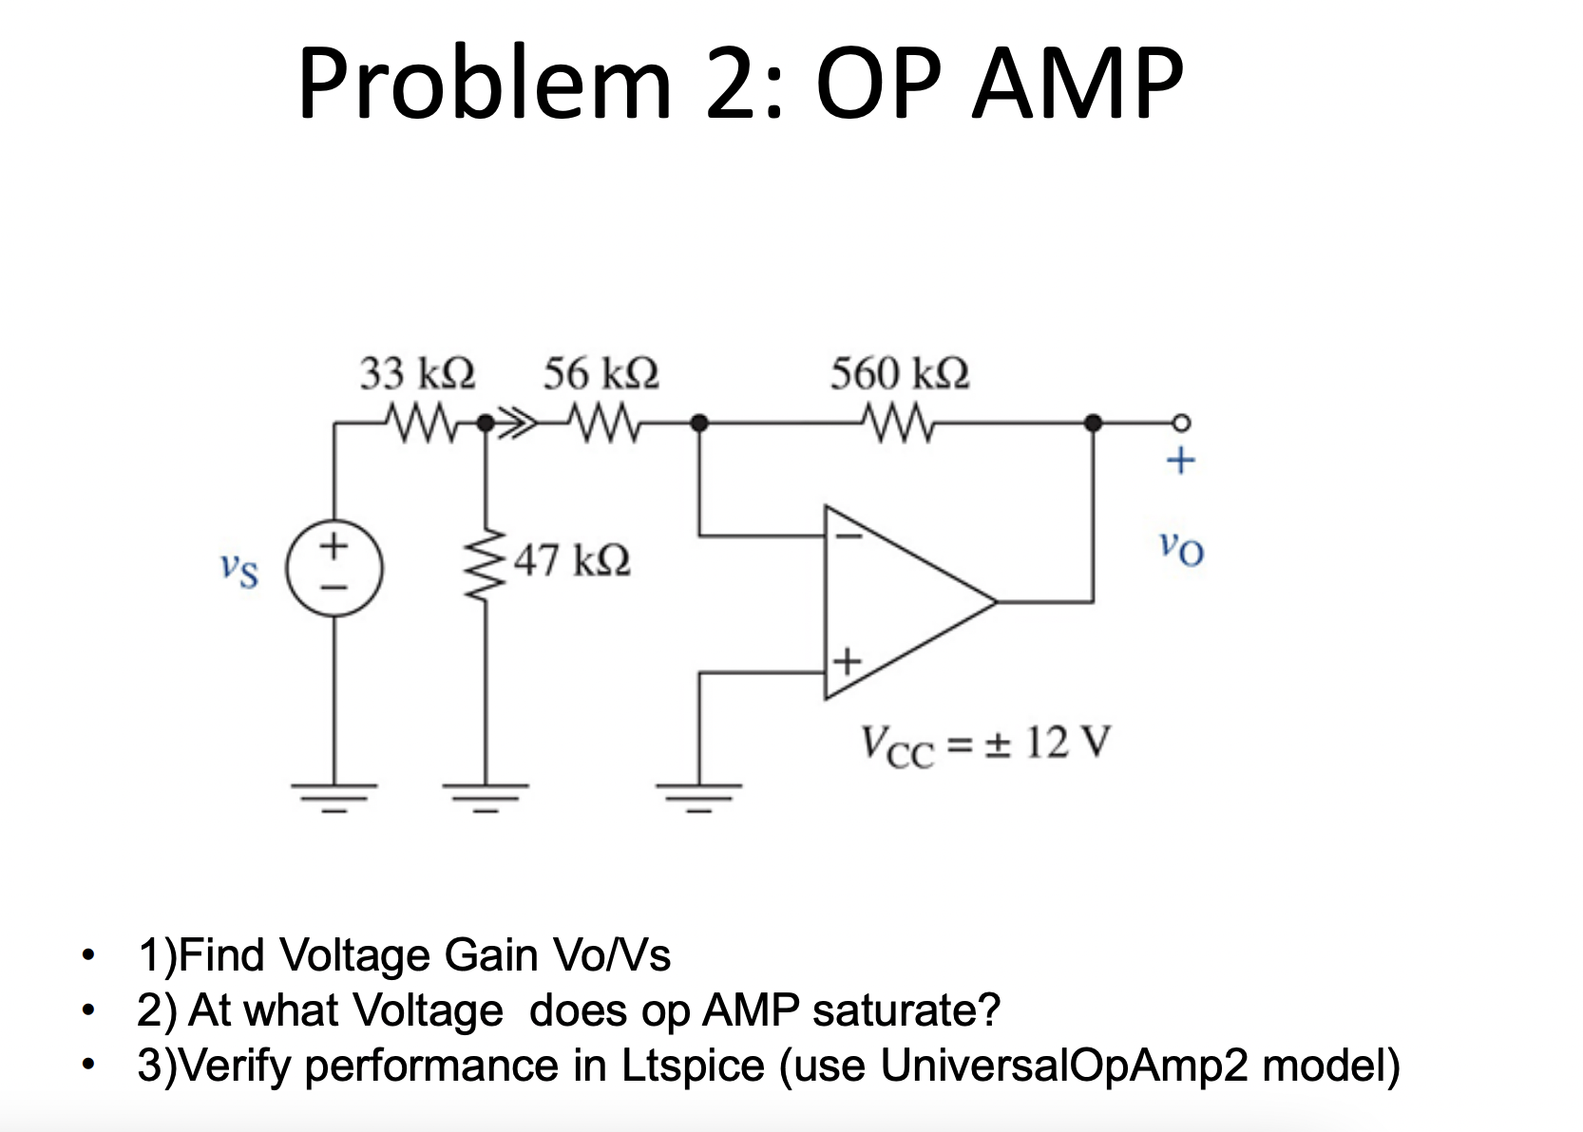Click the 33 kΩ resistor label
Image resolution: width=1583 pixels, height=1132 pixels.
[x=417, y=373]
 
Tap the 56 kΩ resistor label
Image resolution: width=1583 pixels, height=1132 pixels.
[x=601, y=373]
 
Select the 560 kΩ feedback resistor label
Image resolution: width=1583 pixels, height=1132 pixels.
[x=900, y=373]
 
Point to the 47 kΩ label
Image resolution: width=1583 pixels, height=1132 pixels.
[x=572, y=560]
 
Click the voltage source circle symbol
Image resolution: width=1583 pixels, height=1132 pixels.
[x=334, y=569]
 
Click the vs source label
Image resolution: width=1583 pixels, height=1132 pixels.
[x=238, y=570]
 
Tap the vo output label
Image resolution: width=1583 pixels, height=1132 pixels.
[x=1181, y=548]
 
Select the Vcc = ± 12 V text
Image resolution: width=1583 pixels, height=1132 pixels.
[x=985, y=744]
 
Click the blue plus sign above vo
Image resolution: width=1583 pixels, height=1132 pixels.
[x=1180, y=462]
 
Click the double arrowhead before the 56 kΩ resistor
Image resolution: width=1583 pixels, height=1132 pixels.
[x=521, y=423]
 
